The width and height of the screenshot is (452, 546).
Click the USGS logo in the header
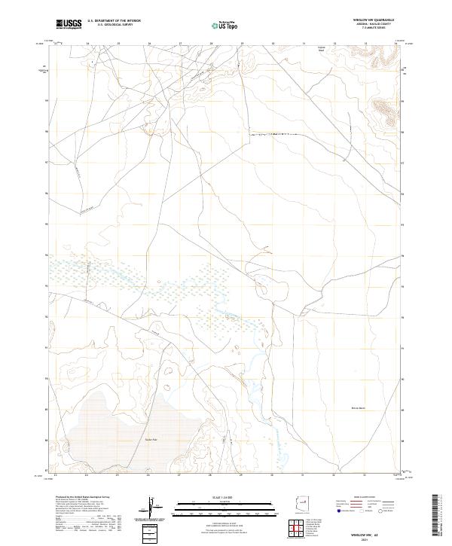[x=69, y=25]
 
